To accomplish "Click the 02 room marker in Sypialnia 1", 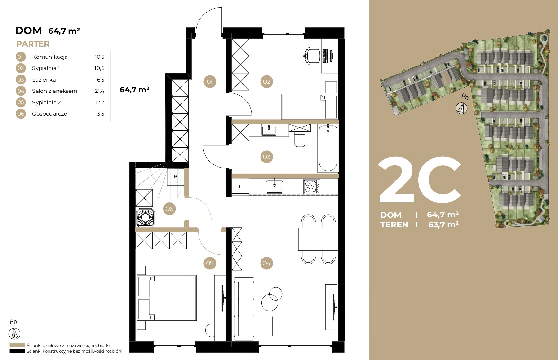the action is (267, 82).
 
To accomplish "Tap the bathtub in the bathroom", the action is (328, 148).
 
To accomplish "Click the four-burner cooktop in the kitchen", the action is (311, 186).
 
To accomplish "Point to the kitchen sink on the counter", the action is (274, 187).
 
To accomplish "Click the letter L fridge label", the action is (240, 187).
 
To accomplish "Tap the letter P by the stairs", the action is (176, 177).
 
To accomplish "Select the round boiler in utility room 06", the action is (146, 218).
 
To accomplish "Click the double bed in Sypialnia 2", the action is (167, 298).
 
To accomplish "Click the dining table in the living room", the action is (318, 239).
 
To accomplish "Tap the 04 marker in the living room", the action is (267, 263).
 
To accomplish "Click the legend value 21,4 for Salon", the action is (100, 91).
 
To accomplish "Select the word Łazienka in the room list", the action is (44, 80).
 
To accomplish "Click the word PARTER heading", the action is (33, 44).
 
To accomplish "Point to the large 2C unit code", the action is (420, 180).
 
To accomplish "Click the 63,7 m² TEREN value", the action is (443, 224).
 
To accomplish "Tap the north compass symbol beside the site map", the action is (462, 108).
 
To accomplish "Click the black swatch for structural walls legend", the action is (17, 351).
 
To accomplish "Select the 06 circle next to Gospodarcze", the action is (21, 114).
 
